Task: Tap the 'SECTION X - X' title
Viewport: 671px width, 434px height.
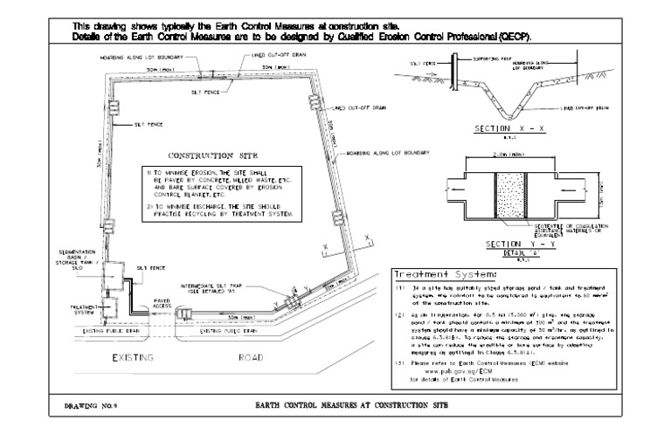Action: (496, 129)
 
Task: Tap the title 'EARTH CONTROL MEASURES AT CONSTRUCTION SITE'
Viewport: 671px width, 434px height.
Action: (349, 406)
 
